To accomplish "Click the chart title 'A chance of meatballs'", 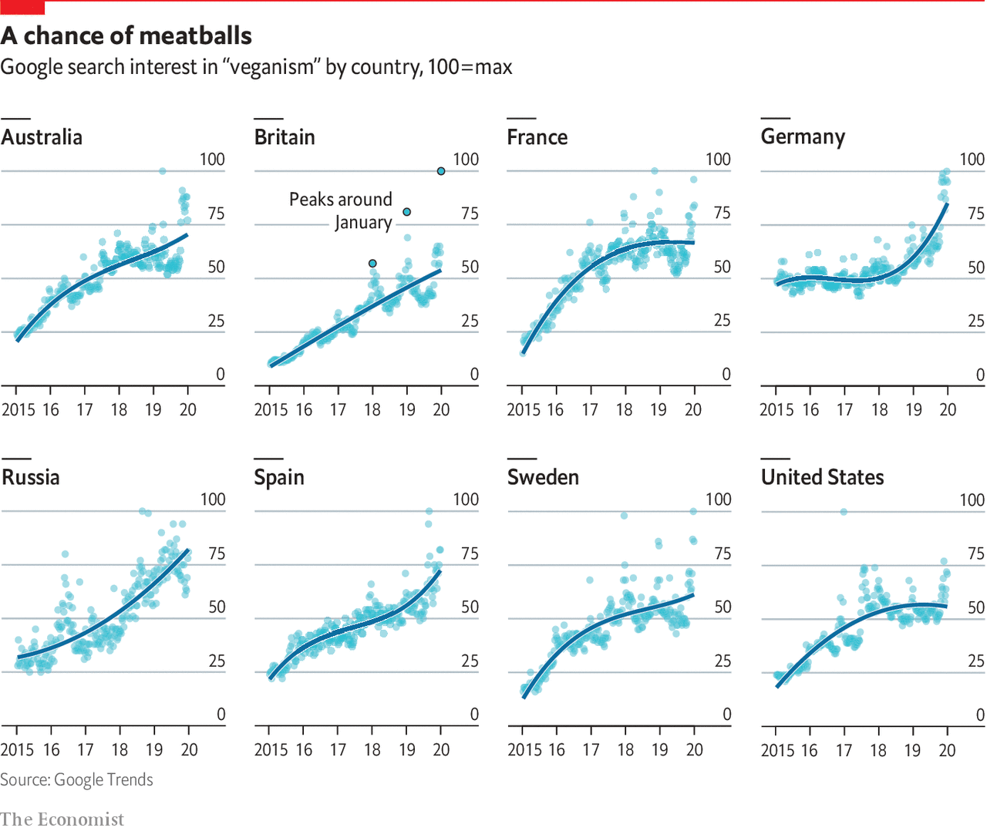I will pos(126,35).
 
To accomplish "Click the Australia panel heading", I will pos(42,137).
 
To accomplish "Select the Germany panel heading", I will pos(803,137).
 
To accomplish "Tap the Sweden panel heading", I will pos(543,477).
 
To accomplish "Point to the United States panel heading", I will pos(822,477).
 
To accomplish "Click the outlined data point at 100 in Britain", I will pos(441,171).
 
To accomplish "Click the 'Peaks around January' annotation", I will pos(341,210).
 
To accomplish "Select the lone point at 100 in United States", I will pos(844,511).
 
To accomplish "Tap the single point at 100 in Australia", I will pos(163,171).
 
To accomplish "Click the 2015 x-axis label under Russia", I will pos(17,749).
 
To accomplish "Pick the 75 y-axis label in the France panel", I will pos(722,213).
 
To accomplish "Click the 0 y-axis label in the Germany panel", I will pos(980,375).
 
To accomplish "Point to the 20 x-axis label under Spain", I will pos(441,749).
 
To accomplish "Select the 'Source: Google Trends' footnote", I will pos(76,779).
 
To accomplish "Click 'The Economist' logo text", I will pos(62,819).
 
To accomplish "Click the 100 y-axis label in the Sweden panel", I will pos(718,500).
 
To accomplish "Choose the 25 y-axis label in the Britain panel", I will pos(470,321).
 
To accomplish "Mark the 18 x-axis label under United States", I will pos(878,749).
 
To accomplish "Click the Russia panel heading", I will pos(31,477).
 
